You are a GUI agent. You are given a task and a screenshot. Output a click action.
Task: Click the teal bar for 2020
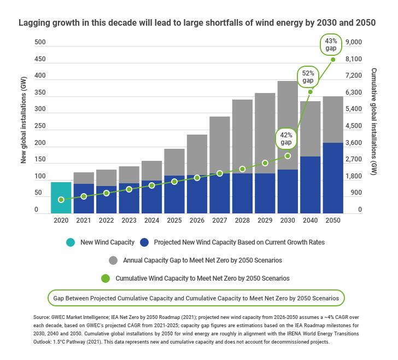[61, 198]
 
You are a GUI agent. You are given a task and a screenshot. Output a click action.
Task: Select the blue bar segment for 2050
[332, 178]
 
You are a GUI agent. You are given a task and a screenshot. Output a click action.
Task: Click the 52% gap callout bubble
[308, 77]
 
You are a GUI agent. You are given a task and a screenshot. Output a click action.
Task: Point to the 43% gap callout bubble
[331, 44]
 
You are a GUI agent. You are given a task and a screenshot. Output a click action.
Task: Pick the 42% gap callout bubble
[286, 138]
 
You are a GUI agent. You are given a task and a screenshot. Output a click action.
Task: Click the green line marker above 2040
[310, 91]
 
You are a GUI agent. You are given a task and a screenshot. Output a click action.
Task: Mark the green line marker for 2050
[333, 59]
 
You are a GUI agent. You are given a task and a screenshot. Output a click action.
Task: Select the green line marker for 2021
[84, 196]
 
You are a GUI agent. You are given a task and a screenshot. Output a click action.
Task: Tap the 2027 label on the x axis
[219, 220]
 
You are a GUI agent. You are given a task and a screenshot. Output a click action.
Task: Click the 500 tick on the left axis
[40, 43]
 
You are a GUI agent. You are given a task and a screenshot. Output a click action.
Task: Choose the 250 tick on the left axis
[40, 126]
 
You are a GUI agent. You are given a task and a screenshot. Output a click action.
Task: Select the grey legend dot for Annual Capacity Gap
[113, 260]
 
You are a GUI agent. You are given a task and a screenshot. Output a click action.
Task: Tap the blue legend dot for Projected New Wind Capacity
[144, 242]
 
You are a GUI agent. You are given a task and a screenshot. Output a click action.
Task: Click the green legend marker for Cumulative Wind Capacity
[106, 278]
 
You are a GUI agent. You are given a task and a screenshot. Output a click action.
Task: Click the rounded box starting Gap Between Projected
[196, 298]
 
